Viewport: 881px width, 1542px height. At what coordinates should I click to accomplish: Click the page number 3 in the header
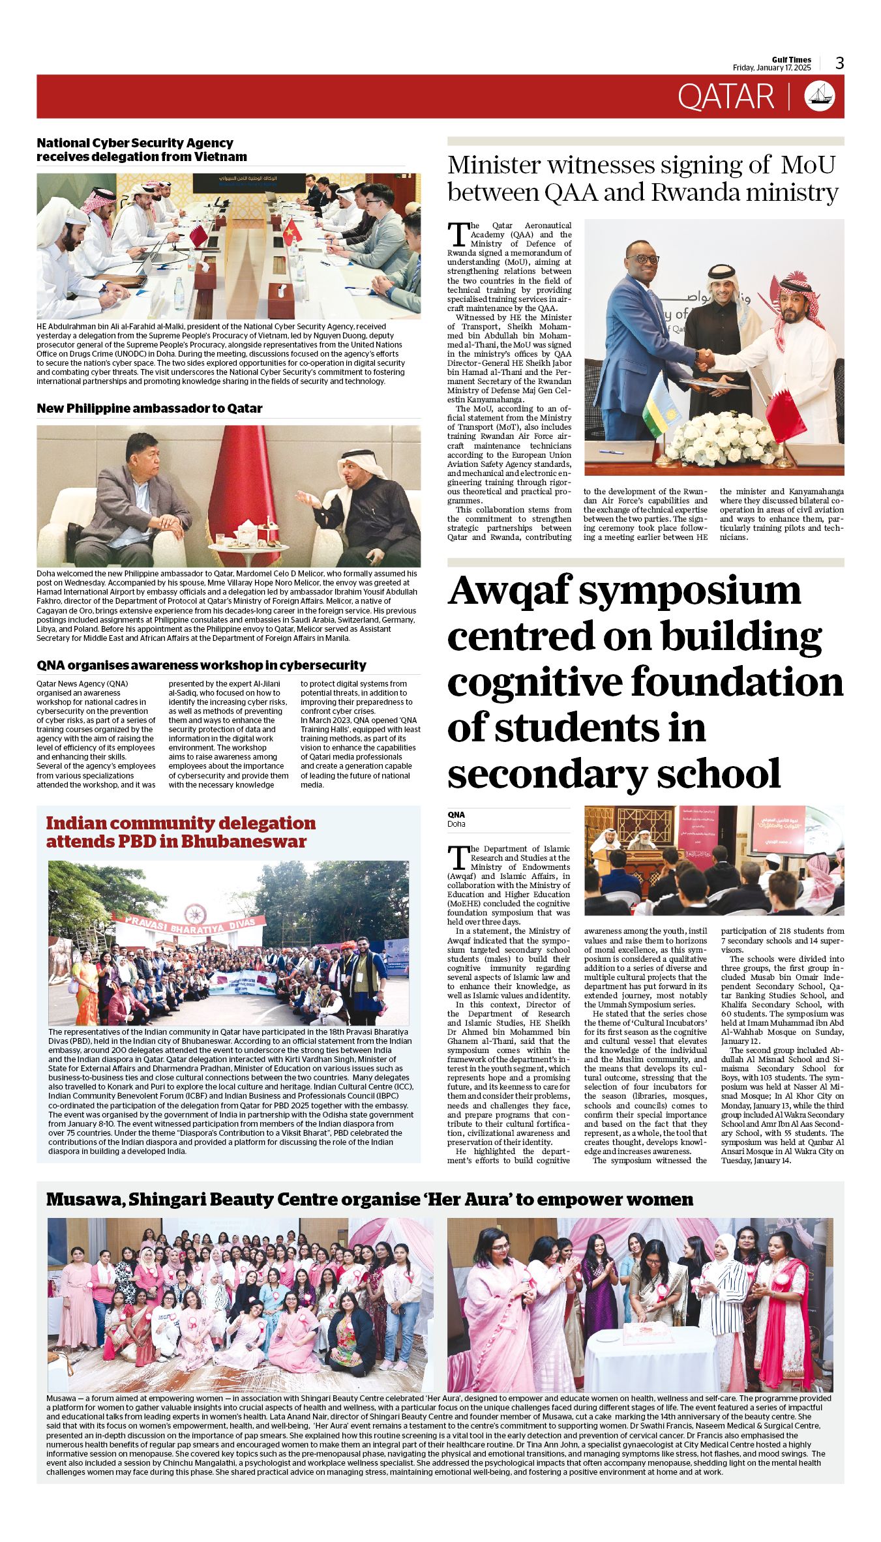tap(839, 63)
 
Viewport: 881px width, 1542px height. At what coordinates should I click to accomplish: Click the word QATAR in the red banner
tap(725, 96)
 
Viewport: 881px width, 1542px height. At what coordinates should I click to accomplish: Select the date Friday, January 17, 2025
tap(771, 68)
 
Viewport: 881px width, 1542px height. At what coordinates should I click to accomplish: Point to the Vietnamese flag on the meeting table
tap(291, 231)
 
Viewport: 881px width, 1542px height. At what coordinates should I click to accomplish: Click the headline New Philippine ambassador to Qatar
tap(149, 409)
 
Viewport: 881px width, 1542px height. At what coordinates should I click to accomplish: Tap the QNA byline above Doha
tap(456, 814)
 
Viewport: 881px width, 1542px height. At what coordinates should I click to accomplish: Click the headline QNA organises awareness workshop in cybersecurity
tap(202, 665)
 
